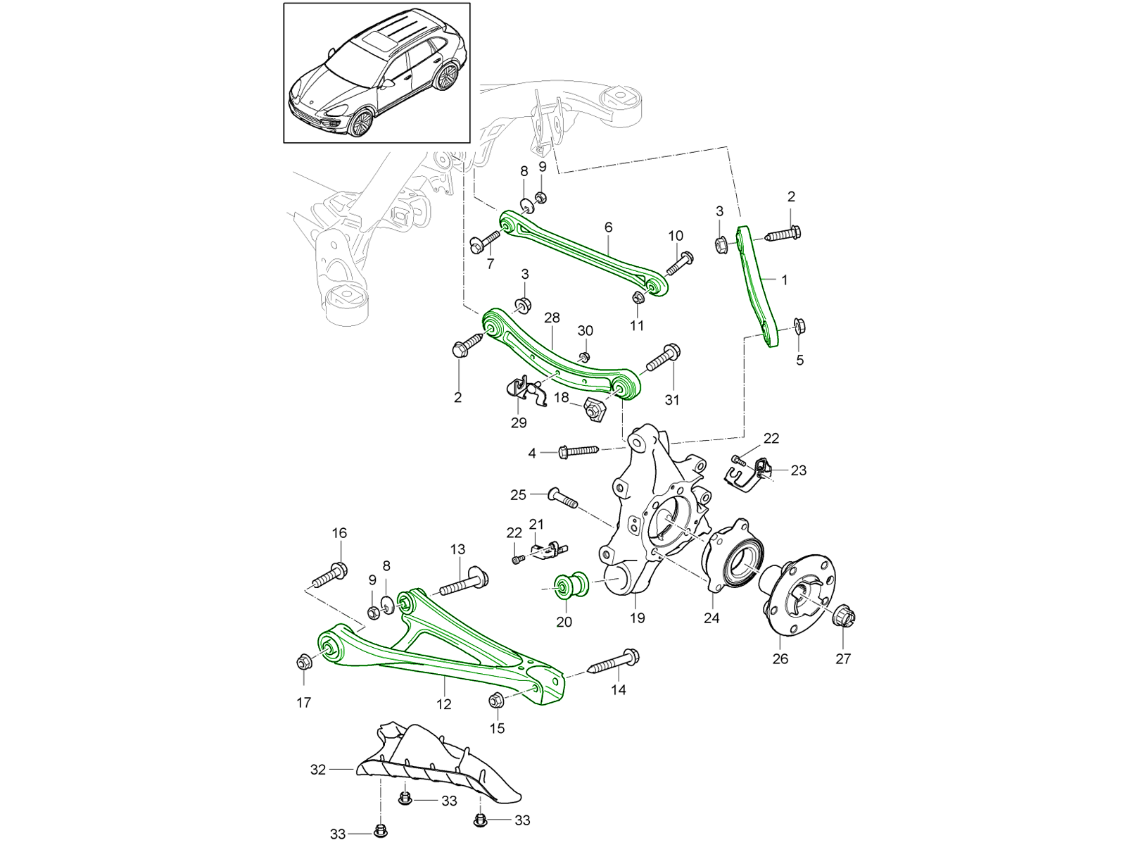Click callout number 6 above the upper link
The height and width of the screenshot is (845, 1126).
[x=608, y=227]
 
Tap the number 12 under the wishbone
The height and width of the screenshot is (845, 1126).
[x=444, y=703]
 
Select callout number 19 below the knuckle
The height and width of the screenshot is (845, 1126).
[x=637, y=618]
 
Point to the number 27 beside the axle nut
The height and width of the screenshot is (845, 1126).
[x=843, y=658]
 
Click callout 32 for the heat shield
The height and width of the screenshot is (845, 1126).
[x=318, y=770]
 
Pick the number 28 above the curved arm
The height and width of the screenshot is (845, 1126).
[x=552, y=318]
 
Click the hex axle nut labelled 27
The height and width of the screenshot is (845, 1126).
[x=843, y=618]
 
